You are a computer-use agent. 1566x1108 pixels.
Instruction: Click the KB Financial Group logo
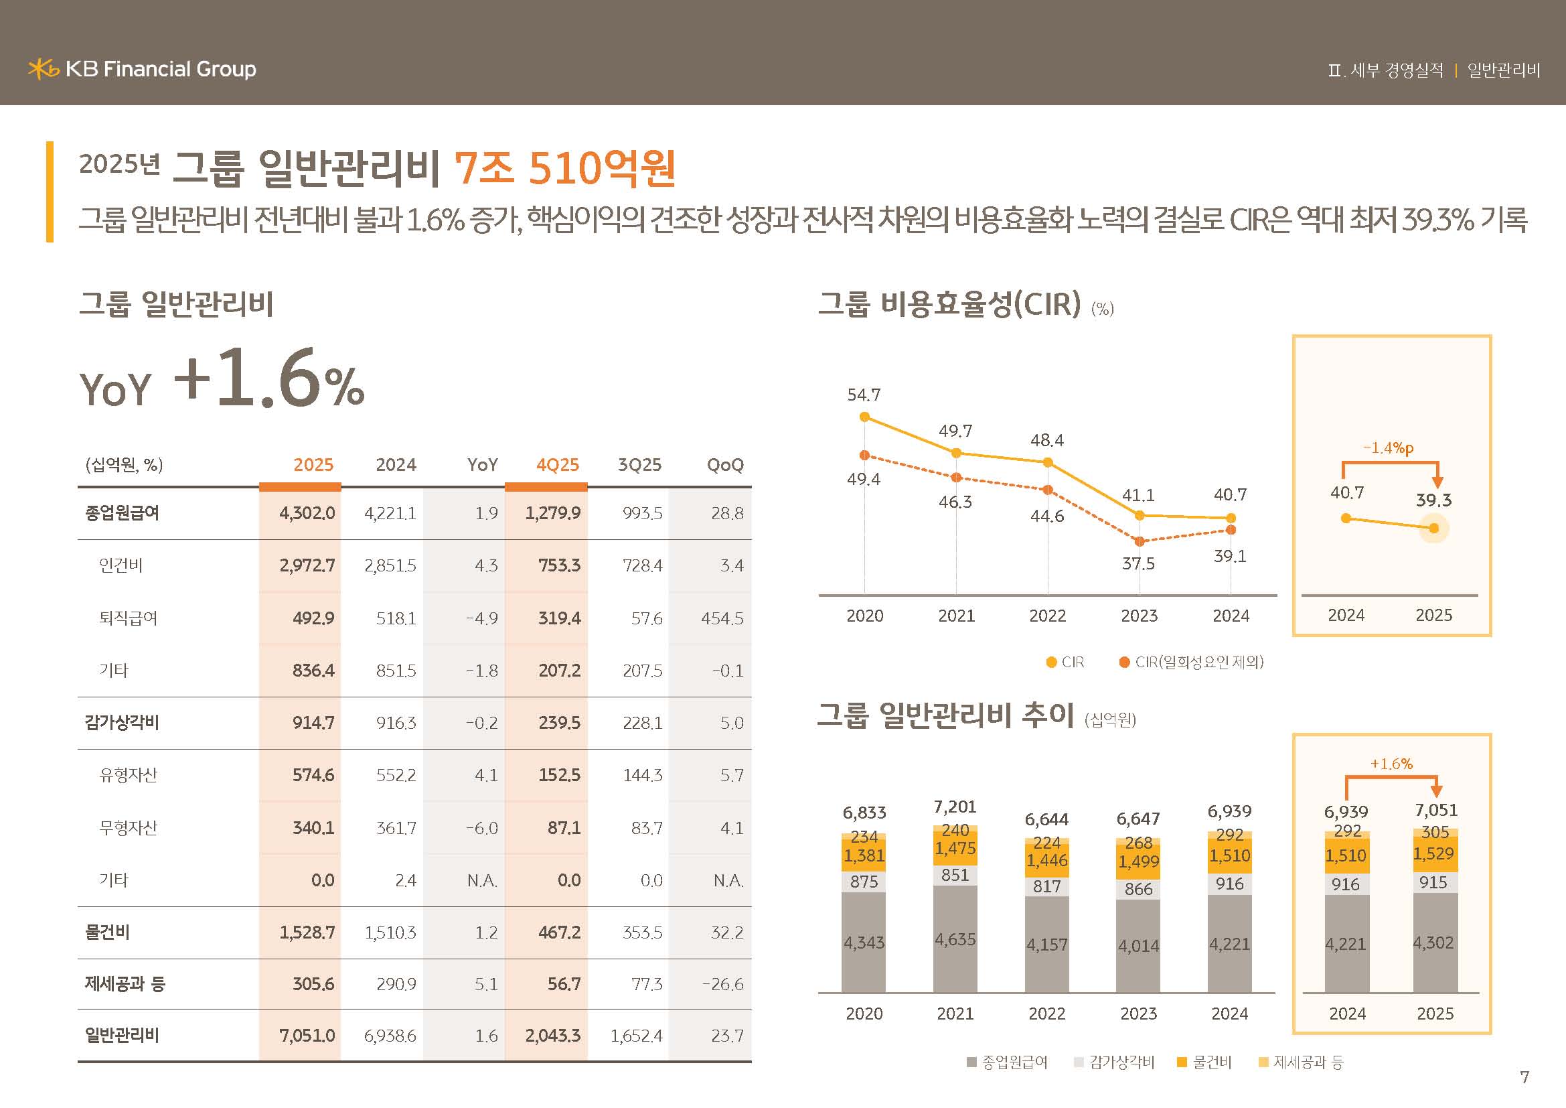click(x=142, y=69)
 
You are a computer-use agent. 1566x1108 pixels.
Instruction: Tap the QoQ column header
click(x=724, y=465)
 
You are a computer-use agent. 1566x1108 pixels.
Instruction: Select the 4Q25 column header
click(x=557, y=465)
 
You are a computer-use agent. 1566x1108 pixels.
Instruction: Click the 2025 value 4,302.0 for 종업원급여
click(x=307, y=513)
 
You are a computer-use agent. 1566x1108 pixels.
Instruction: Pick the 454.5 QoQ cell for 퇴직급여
click(x=722, y=618)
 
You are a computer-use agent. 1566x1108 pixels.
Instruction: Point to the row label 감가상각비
click(x=121, y=723)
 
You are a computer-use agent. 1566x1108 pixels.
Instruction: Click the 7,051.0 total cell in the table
click(x=307, y=1036)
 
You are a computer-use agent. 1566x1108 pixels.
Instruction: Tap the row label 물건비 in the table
click(x=107, y=932)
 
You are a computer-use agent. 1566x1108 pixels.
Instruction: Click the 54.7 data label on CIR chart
click(x=864, y=395)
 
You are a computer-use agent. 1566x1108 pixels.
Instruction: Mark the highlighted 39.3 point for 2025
click(x=1433, y=528)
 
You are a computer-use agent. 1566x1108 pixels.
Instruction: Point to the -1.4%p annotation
click(x=1388, y=448)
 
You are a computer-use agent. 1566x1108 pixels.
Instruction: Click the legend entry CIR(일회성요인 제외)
click(x=1192, y=662)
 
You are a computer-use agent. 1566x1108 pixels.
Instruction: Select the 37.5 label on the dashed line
click(x=1138, y=563)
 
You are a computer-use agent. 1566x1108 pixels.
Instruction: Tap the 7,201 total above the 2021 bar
click(x=955, y=807)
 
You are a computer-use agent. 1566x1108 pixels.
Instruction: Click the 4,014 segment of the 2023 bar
click(x=1138, y=946)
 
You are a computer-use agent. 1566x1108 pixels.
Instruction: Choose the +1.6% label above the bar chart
click(x=1391, y=764)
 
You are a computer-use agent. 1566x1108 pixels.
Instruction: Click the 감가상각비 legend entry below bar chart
click(x=1114, y=1062)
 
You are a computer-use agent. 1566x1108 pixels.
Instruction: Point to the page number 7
click(x=1524, y=1077)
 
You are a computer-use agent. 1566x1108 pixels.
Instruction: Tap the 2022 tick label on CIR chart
click(x=1047, y=616)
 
